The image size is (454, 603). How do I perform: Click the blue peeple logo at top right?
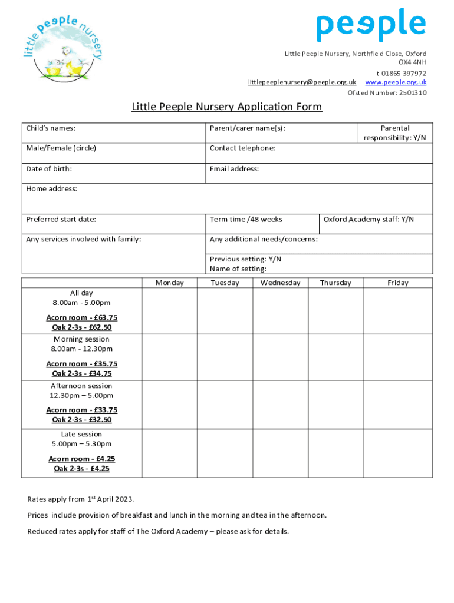coord(371,25)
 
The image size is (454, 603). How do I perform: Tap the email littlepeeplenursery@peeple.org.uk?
coord(302,82)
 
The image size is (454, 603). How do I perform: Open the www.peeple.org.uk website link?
coord(396,82)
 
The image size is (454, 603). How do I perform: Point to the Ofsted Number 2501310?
coord(387,93)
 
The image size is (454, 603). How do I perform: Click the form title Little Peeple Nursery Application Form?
coord(226,107)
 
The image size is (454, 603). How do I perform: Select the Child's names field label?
coord(51,128)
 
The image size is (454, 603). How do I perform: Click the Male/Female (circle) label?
coord(61,148)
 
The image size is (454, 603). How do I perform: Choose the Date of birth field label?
coord(49,169)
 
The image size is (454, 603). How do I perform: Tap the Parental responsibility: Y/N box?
coord(394,132)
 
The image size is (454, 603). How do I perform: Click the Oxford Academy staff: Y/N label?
coord(369,220)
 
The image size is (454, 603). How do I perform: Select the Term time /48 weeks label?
coord(246,220)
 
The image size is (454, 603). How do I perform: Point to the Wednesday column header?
coord(280,283)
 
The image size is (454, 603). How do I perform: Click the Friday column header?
coord(397,283)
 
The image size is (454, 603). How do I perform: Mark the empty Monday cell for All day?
coord(169,310)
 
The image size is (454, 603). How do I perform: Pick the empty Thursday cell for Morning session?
coord(335,357)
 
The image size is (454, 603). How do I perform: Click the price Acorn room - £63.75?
coord(82,317)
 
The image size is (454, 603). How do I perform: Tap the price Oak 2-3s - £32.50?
coord(82,420)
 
